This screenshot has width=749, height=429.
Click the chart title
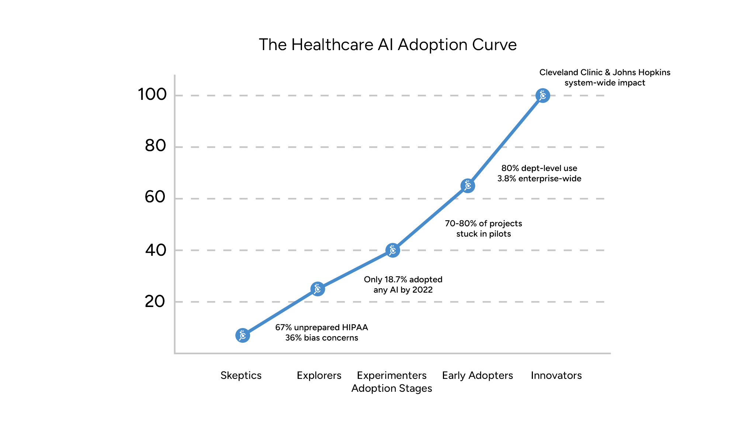[x=388, y=45]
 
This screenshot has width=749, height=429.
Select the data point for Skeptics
[x=243, y=335]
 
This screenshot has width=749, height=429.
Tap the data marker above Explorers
[x=318, y=289]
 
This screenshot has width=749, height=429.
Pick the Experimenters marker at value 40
[x=393, y=251]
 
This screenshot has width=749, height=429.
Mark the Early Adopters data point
[x=468, y=186]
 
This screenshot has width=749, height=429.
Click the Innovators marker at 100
[x=543, y=96]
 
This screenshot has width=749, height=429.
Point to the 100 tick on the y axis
[x=152, y=95]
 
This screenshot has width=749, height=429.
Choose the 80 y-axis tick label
[x=155, y=146]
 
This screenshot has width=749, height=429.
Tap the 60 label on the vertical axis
[x=155, y=197]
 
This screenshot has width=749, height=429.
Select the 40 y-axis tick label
[x=155, y=251]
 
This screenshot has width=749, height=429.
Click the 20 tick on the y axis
[x=155, y=302]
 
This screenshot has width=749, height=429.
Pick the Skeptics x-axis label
[x=241, y=376]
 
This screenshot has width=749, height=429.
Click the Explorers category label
[x=319, y=376]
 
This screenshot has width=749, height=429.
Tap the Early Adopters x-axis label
[x=478, y=376]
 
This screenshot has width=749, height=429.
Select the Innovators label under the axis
[x=556, y=376]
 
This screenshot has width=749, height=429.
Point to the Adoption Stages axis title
[x=392, y=388]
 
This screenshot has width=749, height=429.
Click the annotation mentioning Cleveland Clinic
[x=605, y=77]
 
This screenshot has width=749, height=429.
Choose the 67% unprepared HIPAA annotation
[x=322, y=332]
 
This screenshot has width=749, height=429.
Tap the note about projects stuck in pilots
[x=483, y=229]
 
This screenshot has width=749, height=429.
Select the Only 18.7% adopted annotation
[x=403, y=285]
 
